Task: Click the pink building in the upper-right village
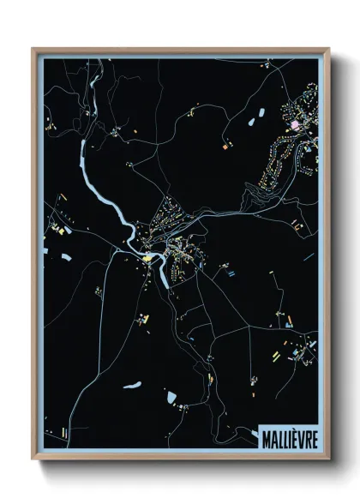296,125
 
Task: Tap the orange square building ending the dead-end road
225,147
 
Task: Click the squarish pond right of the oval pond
171,396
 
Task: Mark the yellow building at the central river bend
147,255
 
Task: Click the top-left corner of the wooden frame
33,49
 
